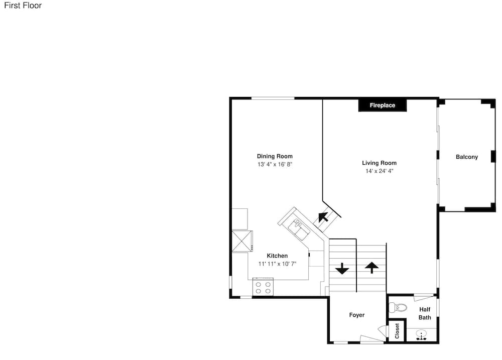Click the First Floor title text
23,6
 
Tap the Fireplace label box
382,105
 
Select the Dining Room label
275,156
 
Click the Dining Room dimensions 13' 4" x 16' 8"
275,164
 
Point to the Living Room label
379,163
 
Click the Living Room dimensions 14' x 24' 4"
380,171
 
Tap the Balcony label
467,157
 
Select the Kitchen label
277,256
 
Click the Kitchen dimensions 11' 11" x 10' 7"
277,264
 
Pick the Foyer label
356,315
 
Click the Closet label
397,331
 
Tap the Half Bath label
425,314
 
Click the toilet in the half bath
398,308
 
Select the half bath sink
421,334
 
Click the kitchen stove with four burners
263,287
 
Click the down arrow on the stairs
342,269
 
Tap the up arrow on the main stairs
371,268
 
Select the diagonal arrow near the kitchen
323,217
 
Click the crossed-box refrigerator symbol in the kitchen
242,241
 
